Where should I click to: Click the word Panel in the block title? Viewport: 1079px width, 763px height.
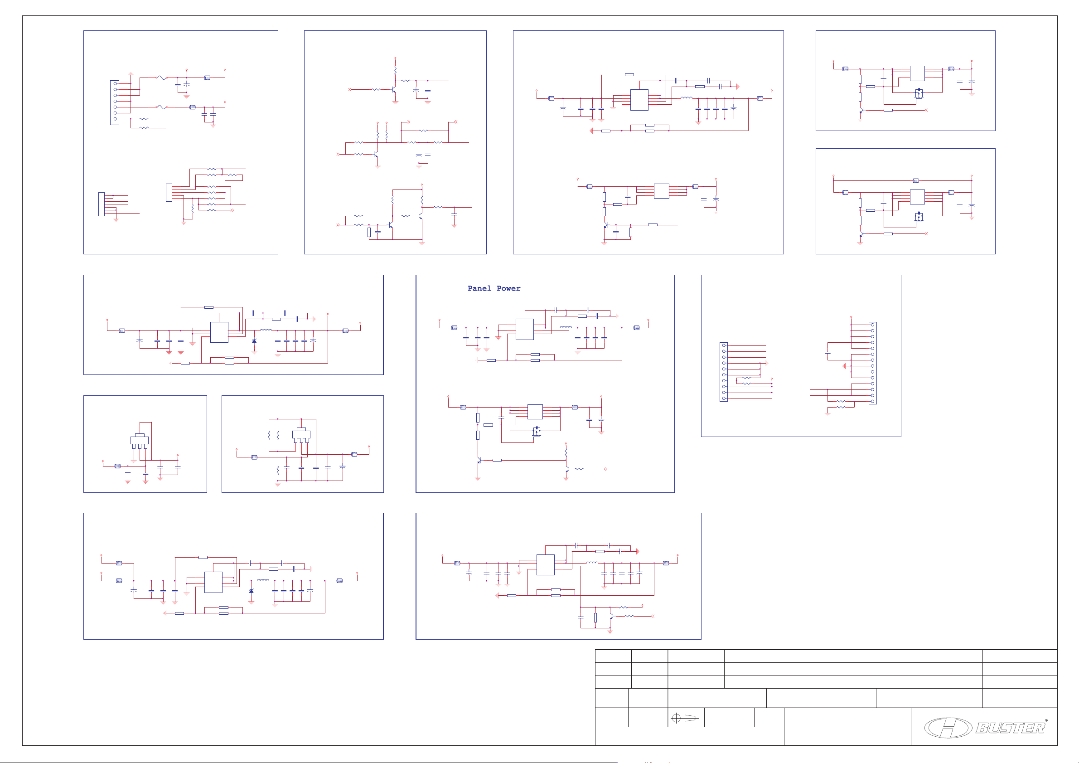pos(479,288)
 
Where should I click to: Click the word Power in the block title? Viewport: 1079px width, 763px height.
pos(508,288)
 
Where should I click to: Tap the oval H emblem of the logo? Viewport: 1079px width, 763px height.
pos(948,728)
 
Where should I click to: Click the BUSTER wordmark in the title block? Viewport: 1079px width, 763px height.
pos(1010,728)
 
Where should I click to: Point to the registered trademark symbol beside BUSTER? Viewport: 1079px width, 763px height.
pos(1046,720)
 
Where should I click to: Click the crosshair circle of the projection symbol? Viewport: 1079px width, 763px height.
pos(676,718)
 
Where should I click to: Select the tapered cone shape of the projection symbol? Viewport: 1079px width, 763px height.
pos(690,718)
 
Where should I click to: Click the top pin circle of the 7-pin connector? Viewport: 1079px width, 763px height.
pos(115,84)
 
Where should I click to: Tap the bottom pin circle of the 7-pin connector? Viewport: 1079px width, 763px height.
pos(115,119)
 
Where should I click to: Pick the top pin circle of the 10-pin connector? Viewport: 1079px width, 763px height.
pos(724,345)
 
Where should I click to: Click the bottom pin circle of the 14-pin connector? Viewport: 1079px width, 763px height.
pos(873,401)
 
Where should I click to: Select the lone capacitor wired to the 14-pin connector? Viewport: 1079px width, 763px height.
pos(827,352)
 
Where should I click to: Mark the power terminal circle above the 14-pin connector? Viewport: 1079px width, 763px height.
pos(851,317)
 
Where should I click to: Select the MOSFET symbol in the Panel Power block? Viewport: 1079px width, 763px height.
pos(536,432)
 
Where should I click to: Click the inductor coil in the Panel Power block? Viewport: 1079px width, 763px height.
pos(566,327)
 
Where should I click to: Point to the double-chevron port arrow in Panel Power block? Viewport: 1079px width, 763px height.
pos(605,469)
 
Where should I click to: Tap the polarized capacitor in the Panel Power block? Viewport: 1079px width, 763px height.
pos(601,419)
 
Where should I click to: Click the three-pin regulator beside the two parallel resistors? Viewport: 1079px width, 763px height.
pos(301,436)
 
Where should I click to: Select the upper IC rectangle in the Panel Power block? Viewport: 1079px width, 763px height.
pos(524,329)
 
